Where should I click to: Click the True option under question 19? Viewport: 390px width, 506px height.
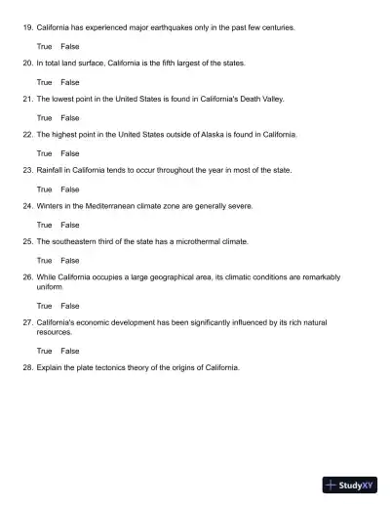44,46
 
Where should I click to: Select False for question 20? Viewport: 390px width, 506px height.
70,82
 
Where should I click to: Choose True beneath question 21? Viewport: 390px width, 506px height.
44,117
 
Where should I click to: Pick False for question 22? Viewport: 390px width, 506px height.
70,153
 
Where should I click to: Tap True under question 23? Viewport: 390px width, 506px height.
44,189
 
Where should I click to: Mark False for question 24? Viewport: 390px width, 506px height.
70,225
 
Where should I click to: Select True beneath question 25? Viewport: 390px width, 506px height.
44,261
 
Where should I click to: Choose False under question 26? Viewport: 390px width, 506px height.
70,306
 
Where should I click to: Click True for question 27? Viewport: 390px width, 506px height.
44,350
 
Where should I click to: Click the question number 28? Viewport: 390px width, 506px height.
27,368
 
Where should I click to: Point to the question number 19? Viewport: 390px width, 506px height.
27,27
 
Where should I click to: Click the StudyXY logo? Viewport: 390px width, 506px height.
350,484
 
